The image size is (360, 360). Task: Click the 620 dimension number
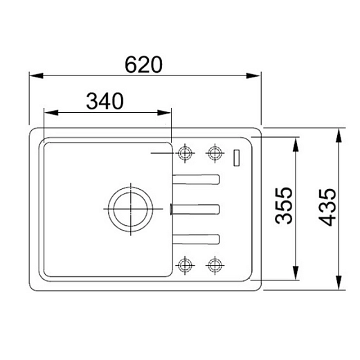pyautogui.click(x=143, y=64)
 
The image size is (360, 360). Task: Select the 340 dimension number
pyautogui.click(x=105, y=101)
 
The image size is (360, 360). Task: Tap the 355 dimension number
pyautogui.click(x=284, y=206)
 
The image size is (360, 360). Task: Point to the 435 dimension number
pyautogui.click(x=327, y=207)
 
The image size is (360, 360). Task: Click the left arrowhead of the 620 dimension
pyautogui.click(x=37, y=75)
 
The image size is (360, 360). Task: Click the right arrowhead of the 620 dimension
pyautogui.click(x=253, y=75)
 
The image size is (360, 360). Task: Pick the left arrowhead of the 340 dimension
pyautogui.click(x=51, y=113)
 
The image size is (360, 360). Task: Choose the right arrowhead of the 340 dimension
pyautogui.click(x=164, y=113)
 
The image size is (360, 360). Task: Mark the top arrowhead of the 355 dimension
pyautogui.click(x=296, y=145)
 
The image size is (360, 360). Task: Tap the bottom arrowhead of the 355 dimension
pyautogui.click(x=296, y=273)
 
